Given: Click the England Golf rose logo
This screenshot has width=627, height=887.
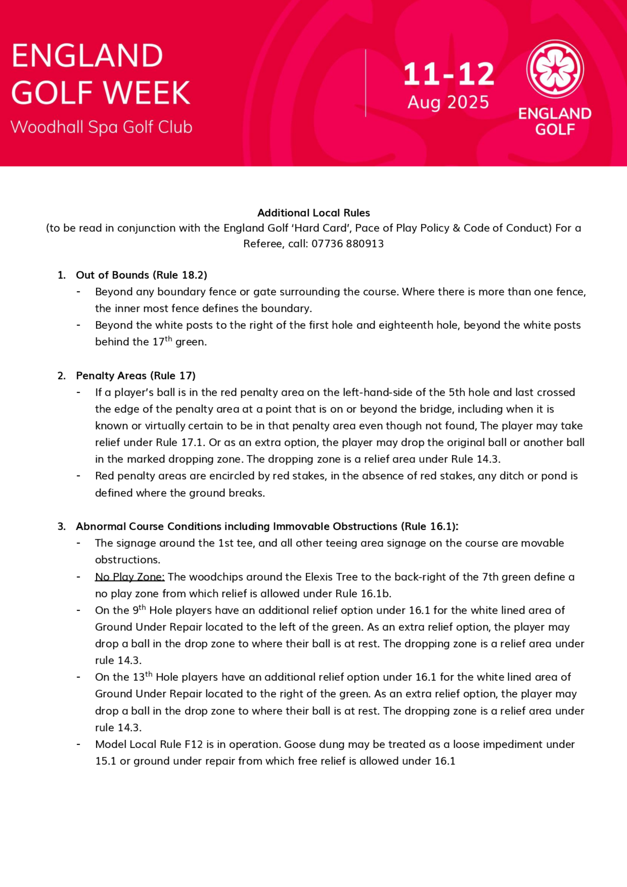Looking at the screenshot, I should tap(555, 70).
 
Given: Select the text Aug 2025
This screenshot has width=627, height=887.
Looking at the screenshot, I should tap(448, 103).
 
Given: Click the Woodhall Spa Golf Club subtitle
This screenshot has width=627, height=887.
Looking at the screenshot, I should tap(101, 127).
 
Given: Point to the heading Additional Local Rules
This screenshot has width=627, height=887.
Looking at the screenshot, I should tap(313, 213).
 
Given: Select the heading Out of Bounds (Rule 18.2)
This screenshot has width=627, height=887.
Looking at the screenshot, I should tap(141, 275).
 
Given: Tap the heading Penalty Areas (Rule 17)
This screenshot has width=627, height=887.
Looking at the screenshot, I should tap(136, 376).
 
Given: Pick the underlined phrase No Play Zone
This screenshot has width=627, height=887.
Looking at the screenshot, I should tap(130, 577).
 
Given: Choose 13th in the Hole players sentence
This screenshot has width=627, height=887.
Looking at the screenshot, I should tap(143, 677).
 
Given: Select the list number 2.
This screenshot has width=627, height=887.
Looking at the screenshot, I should tap(61, 376).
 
